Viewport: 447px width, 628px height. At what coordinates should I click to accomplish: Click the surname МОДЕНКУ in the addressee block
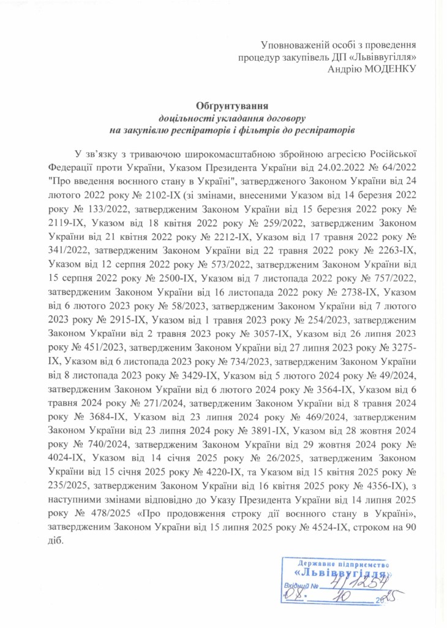[389, 69]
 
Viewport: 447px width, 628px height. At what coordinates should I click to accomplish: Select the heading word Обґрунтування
[223, 106]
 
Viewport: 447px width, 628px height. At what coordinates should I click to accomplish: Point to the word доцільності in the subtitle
[185, 118]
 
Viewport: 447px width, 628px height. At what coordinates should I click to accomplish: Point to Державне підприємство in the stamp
[344, 563]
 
